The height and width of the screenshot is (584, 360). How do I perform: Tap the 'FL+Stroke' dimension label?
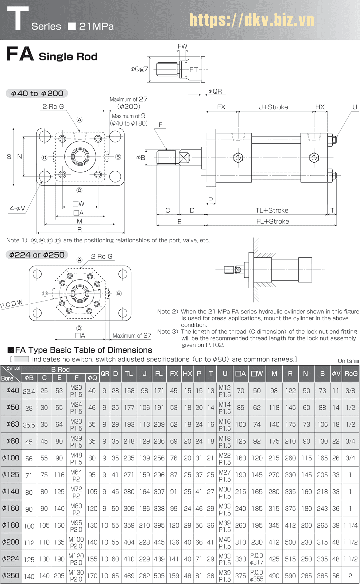pyautogui.click(x=272, y=221)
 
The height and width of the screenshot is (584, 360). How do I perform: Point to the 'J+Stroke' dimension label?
pyautogui.click(x=273, y=107)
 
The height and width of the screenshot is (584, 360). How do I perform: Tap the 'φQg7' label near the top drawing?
pyautogui.click(x=139, y=69)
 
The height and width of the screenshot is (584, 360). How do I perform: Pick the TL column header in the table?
pyautogui.click(x=129, y=373)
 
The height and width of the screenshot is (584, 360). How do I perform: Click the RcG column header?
pyautogui.click(x=351, y=373)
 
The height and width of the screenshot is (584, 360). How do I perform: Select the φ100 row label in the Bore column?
pyautogui.click(x=10, y=458)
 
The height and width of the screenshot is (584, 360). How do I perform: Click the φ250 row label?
pyautogui.click(x=10, y=575)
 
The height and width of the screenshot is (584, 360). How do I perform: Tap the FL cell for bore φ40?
pyautogui.click(x=159, y=390)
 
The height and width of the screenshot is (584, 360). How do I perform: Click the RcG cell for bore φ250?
pyautogui.click(x=351, y=575)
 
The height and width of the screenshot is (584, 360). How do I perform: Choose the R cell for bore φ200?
pyautogui.click(x=290, y=542)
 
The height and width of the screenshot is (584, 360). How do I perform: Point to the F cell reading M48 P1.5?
pyautogui.click(x=76, y=458)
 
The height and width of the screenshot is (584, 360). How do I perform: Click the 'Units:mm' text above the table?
pyautogui.click(x=348, y=360)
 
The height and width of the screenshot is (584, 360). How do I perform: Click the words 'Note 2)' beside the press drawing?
pyautogui.click(x=167, y=311)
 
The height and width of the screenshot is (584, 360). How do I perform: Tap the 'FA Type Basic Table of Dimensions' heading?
pyautogui.click(x=80, y=350)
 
